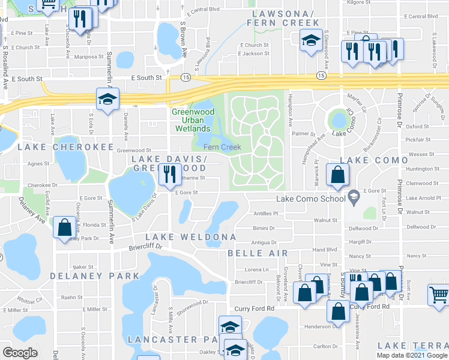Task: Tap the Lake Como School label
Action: (310, 199)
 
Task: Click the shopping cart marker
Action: (439, 295)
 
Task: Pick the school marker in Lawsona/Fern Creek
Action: (310, 41)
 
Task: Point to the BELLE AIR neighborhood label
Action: (258, 253)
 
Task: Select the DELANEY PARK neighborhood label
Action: (86, 276)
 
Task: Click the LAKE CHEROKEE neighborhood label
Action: (65, 147)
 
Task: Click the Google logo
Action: (20, 352)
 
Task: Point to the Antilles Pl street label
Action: (267, 213)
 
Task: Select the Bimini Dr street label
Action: (264, 229)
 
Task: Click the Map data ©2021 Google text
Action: (411, 355)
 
